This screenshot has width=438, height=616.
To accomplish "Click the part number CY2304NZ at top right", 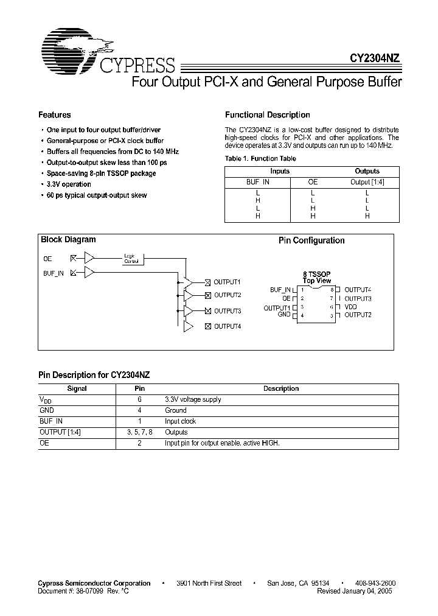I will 374,59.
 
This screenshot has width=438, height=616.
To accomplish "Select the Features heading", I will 55,115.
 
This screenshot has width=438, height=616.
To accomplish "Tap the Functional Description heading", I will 268,115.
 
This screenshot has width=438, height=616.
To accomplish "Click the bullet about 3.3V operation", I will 69,184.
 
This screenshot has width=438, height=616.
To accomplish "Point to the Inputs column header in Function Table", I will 280,172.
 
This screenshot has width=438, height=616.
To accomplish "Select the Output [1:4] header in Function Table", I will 367,182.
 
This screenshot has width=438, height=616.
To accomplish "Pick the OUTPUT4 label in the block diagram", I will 227,327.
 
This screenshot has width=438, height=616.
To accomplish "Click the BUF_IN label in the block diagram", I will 54,274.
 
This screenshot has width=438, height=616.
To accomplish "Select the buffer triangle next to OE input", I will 89,259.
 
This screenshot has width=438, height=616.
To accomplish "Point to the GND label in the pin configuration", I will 284,315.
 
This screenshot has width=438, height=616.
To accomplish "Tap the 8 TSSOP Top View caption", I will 316,278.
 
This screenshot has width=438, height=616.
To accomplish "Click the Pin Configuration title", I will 311,240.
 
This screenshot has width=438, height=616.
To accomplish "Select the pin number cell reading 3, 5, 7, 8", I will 139,432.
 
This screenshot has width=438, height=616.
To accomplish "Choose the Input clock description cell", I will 180,421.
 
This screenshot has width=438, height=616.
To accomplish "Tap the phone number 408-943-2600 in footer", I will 372,583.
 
